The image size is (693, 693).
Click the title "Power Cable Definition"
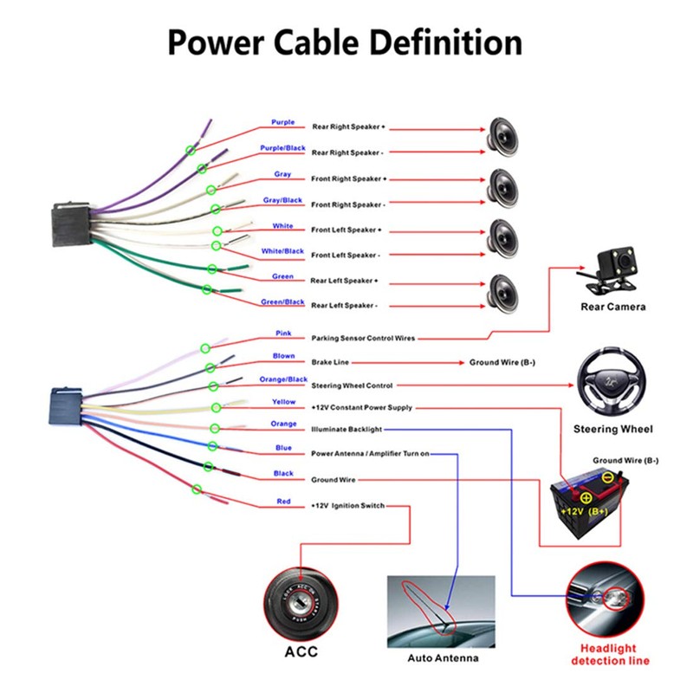[345, 42]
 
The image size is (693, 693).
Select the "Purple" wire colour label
[282, 123]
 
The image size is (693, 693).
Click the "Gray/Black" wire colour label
[282, 200]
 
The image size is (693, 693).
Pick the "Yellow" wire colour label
[283, 402]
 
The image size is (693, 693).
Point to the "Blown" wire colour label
[283, 356]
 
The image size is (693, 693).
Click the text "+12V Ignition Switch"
[347, 505]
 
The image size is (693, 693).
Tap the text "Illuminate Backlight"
[346, 429]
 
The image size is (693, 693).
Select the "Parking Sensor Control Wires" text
[361, 338]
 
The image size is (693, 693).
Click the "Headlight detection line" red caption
[610, 655]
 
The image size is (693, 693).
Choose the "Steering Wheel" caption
[612, 429]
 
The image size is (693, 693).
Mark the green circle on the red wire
[197, 490]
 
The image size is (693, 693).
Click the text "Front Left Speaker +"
[346, 230]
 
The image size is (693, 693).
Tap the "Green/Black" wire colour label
[282, 302]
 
